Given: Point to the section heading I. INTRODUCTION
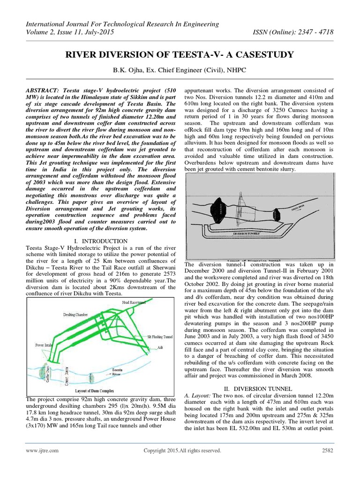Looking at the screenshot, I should [x=101, y=241].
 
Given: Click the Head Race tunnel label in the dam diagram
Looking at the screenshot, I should [x=135, y=303].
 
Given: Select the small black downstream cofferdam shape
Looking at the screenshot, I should [x=277, y=216].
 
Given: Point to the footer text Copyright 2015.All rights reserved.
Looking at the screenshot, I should [x=182, y=450].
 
